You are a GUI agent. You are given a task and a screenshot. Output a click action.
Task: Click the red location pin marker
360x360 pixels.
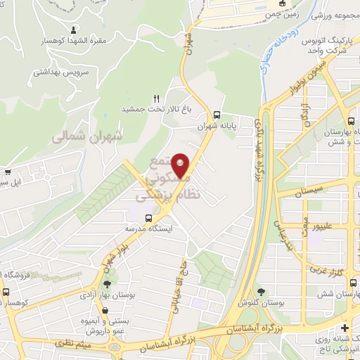pyautogui.click(x=181, y=166)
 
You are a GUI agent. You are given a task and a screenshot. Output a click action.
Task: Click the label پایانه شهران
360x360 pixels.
pyautogui.click(x=215, y=127)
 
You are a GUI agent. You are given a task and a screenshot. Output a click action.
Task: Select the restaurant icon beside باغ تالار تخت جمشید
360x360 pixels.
pyautogui.click(x=157, y=98)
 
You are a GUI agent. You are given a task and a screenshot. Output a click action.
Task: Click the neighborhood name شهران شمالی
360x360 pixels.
pyautogui.click(x=87, y=137)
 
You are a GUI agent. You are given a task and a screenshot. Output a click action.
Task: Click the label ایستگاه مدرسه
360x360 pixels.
pyautogui.click(x=148, y=229)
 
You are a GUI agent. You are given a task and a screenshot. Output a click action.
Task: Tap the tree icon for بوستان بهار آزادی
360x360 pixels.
pyautogui.click(x=107, y=285)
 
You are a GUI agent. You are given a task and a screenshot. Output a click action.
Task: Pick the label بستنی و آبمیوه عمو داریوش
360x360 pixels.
pyautogui.click(x=105, y=324)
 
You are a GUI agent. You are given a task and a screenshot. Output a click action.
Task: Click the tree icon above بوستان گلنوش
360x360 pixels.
pyautogui.click(x=261, y=290)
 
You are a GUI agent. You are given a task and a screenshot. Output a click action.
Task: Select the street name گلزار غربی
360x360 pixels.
pyautogui.click(x=325, y=271)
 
